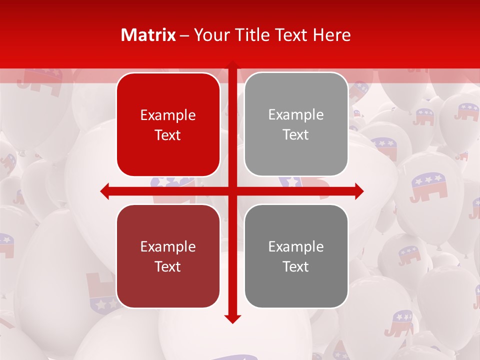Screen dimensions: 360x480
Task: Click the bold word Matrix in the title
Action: [x=148, y=35]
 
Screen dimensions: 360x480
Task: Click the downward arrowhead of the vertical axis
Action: [x=232, y=318]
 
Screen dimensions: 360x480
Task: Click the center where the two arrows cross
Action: [x=232, y=191]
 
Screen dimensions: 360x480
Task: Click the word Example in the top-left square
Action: [x=168, y=115]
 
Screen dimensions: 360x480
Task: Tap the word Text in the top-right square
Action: [x=296, y=135]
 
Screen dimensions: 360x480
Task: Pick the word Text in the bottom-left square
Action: [x=168, y=266]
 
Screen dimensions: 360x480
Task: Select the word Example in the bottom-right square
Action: [x=296, y=247]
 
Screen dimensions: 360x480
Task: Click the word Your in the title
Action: [x=209, y=35]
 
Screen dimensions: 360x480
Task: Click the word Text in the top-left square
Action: [x=168, y=135]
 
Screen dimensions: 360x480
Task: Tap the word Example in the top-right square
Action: [x=296, y=115]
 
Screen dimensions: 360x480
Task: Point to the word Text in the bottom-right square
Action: [x=296, y=266]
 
